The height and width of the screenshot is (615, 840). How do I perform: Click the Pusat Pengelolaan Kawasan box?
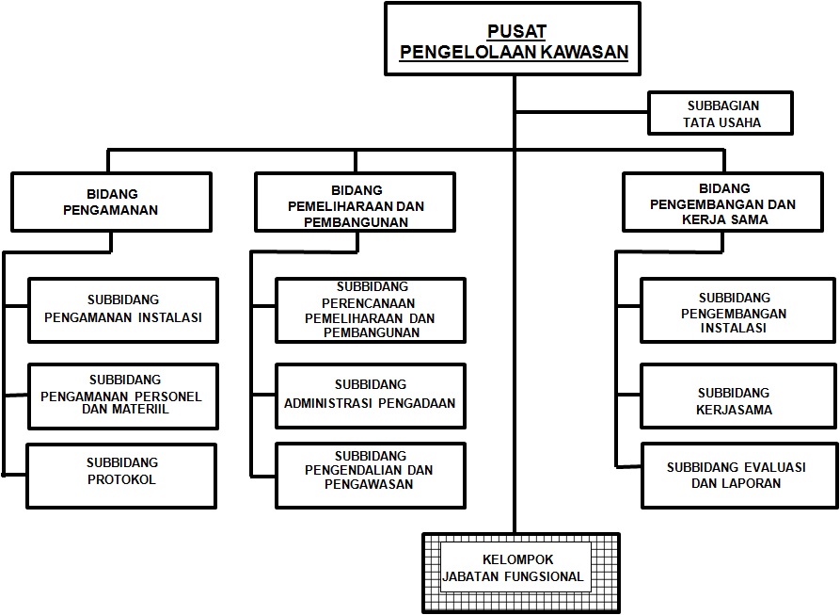coord(513,39)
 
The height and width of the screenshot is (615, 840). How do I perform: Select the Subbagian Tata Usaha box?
coord(720,113)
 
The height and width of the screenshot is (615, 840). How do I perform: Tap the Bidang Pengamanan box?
coord(111,202)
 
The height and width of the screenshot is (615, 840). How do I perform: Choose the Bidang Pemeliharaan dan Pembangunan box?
coord(356,202)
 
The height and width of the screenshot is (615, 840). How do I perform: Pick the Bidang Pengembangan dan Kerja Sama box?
coord(722,202)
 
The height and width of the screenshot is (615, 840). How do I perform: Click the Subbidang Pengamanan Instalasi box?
coord(123,311)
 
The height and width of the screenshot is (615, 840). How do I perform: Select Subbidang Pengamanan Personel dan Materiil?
coord(123,397)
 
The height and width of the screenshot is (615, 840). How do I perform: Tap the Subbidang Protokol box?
coord(121,477)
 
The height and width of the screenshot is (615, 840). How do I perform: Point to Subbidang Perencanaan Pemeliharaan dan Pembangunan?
coord(371,311)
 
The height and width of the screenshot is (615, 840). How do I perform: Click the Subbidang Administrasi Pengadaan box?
coord(371,397)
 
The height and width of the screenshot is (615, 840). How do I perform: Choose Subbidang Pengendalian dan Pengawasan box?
coord(371,476)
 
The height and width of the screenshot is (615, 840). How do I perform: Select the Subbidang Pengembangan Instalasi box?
coord(737,311)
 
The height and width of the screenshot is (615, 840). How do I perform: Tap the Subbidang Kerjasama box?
coord(738,397)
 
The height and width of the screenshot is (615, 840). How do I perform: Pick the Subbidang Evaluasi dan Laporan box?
coord(739,476)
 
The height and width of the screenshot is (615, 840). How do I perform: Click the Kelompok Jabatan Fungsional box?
coord(521,573)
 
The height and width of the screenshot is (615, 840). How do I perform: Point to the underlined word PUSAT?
coord(516,32)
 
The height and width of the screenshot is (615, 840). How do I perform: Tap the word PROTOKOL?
coord(121,479)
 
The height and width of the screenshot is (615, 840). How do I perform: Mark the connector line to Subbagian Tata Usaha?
coord(581,113)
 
